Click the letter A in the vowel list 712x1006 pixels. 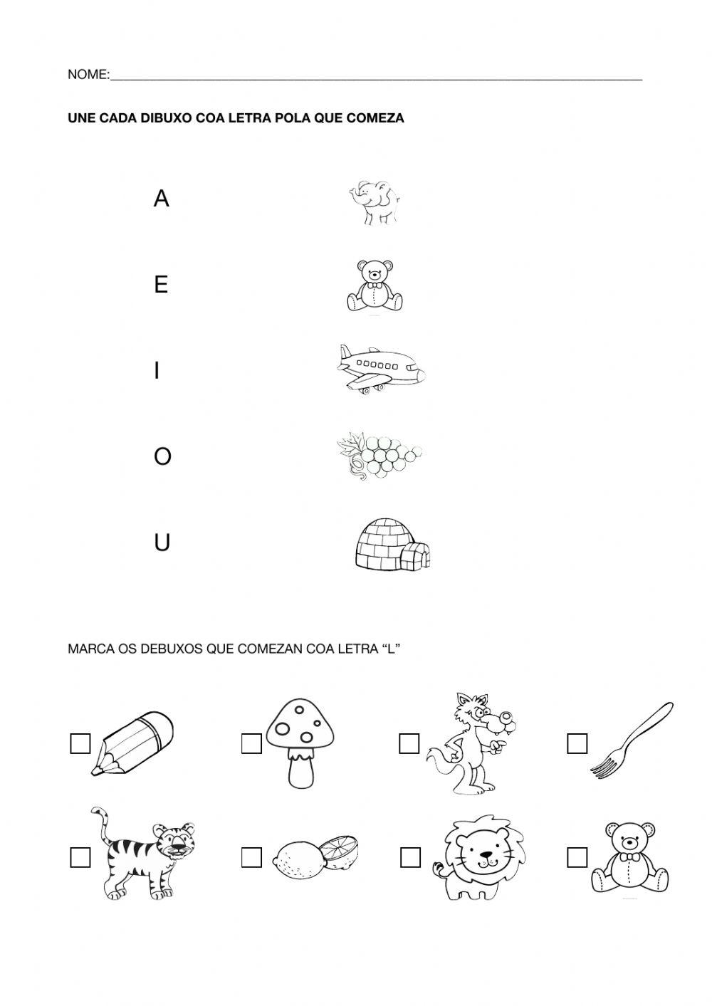pos(162,199)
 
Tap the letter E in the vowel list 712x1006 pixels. pos(161,285)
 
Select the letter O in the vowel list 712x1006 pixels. pos(162,456)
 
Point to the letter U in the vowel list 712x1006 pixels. pos(162,543)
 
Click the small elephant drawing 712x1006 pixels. pos(373,202)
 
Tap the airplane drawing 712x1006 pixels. pos(380,369)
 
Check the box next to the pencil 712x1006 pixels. pos(80,743)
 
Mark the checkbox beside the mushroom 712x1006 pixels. pos(251,743)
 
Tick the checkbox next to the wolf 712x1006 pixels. pos(409,743)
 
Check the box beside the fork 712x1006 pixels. pos(577,743)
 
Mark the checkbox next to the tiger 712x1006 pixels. pos(80,858)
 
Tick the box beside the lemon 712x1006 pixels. pos(251,858)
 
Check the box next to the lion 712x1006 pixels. pos(410,858)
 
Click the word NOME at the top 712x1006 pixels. pos(87,75)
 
